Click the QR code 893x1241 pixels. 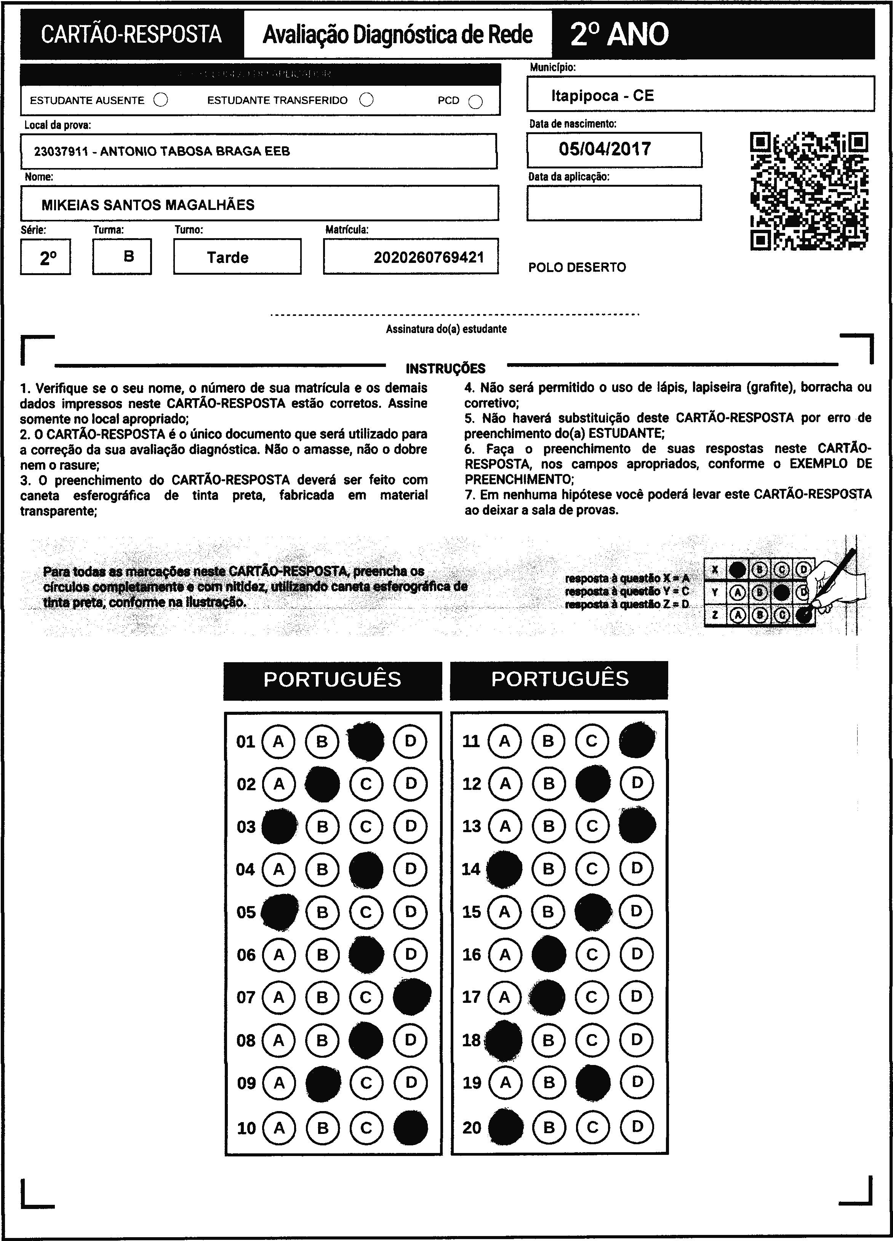pos(809,191)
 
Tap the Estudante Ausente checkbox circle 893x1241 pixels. pos(161,100)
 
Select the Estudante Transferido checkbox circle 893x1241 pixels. pos(366,100)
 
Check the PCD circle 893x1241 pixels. pos(475,102)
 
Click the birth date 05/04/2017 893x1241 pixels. pos(605,149)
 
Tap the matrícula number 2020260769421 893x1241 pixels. pos(429,257)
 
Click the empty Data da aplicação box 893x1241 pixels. pos(613,203)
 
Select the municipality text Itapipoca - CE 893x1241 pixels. pos(602,96)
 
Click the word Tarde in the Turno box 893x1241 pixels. pos(227,257)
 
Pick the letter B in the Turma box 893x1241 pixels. pos(129,256)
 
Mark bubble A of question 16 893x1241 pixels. pos(504,955)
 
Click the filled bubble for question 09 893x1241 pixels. pos(322,1083)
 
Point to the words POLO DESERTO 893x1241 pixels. pos(577,267)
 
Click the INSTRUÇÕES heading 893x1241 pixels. pos(445,368)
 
